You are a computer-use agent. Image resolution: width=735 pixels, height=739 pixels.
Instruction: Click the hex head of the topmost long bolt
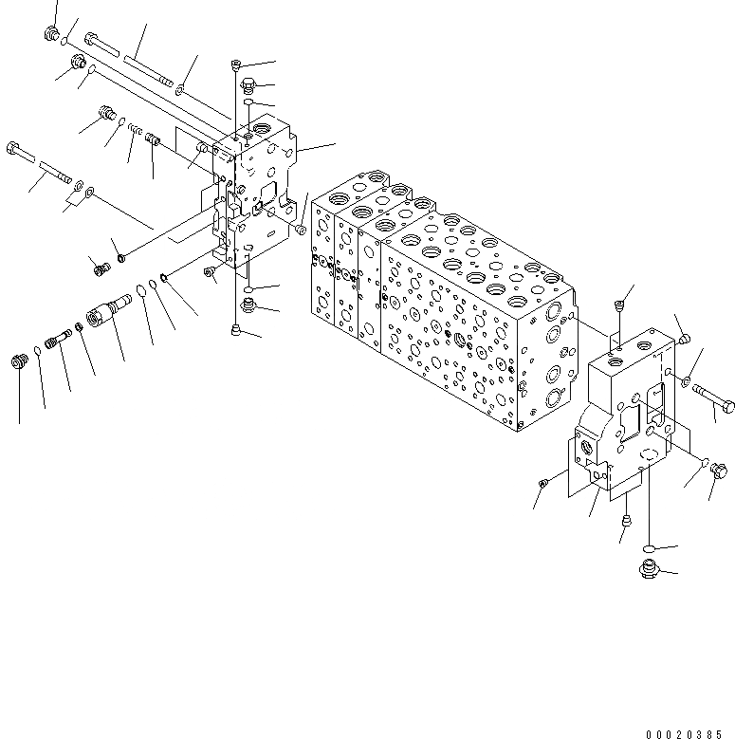click(x=91, y=39)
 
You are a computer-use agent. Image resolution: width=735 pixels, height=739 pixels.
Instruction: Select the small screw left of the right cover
click(x=542, y=485)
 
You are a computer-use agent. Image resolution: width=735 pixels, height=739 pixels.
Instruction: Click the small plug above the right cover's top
click(x=618, y=305)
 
